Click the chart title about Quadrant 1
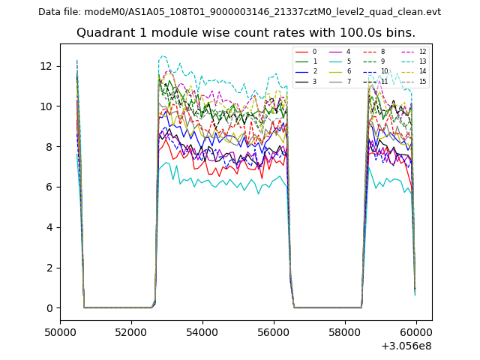(x=245, y=33)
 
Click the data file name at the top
(x=239, y=12)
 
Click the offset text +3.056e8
(x=406, y=345)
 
